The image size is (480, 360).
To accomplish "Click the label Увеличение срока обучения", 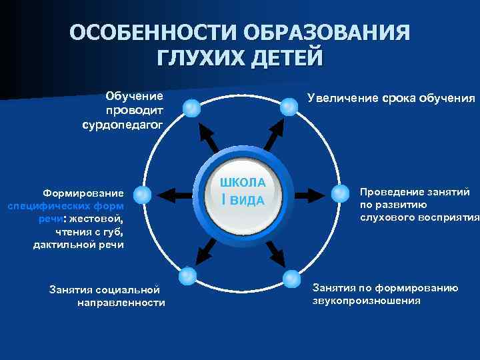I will [391, 99].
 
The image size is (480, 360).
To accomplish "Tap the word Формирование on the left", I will [80, 193].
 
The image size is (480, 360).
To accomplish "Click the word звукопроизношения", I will [367, 301].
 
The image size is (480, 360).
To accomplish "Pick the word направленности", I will [121, 303].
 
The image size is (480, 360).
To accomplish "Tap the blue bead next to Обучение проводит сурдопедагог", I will [191, 107].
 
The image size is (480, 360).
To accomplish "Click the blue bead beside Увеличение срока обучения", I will [289, 105].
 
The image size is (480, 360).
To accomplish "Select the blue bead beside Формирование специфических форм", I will [142, 194].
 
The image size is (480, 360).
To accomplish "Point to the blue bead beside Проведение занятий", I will [340, 193].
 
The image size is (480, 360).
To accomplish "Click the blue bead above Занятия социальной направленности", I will [188, 274].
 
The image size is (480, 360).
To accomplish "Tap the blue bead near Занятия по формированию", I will [292, 277].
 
